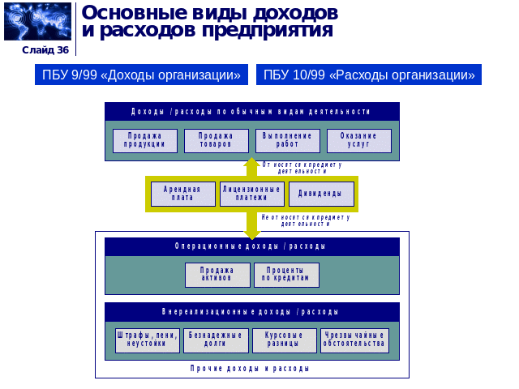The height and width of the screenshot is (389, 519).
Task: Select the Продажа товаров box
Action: (216, 141)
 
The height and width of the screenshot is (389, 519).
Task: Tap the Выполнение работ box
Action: (287, 141)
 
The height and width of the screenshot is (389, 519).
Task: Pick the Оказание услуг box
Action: (358, 141)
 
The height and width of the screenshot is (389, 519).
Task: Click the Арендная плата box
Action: (182, 194)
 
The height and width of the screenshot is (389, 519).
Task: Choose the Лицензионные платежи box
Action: (251, 194)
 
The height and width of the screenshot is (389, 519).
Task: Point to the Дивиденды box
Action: (321, 194)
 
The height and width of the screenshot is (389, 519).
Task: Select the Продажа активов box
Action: (217, 275)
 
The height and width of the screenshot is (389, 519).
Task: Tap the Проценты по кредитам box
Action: (286, 275)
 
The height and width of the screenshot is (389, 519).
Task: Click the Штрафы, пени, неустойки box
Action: (146, 340)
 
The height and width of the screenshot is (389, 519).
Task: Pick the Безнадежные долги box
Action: (216, 340)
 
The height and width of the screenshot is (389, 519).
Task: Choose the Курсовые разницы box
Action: (284, 340)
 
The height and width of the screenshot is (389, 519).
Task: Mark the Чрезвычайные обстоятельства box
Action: (354, 340)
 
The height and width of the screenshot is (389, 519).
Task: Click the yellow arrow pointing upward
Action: (252, 166)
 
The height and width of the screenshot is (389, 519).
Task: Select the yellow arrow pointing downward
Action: (252, 224)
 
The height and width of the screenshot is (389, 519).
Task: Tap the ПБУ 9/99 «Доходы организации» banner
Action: (142, 75)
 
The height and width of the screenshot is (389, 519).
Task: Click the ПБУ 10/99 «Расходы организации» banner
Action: (369, 75)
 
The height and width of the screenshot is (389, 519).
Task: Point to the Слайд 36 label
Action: (45, 49)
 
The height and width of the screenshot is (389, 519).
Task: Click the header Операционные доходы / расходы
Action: (251, 246)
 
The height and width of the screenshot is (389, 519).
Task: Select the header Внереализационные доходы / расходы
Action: (251, 312)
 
